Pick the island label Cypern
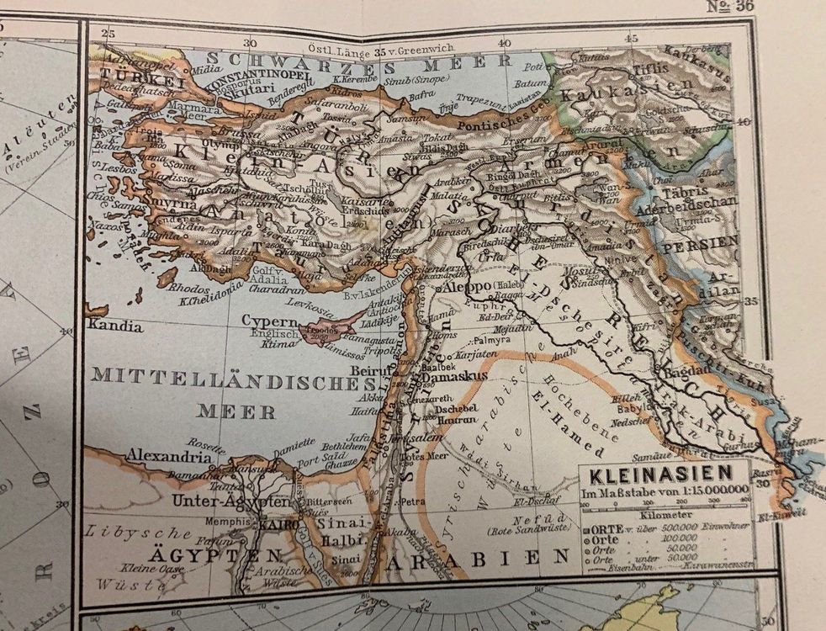[269, 321]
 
